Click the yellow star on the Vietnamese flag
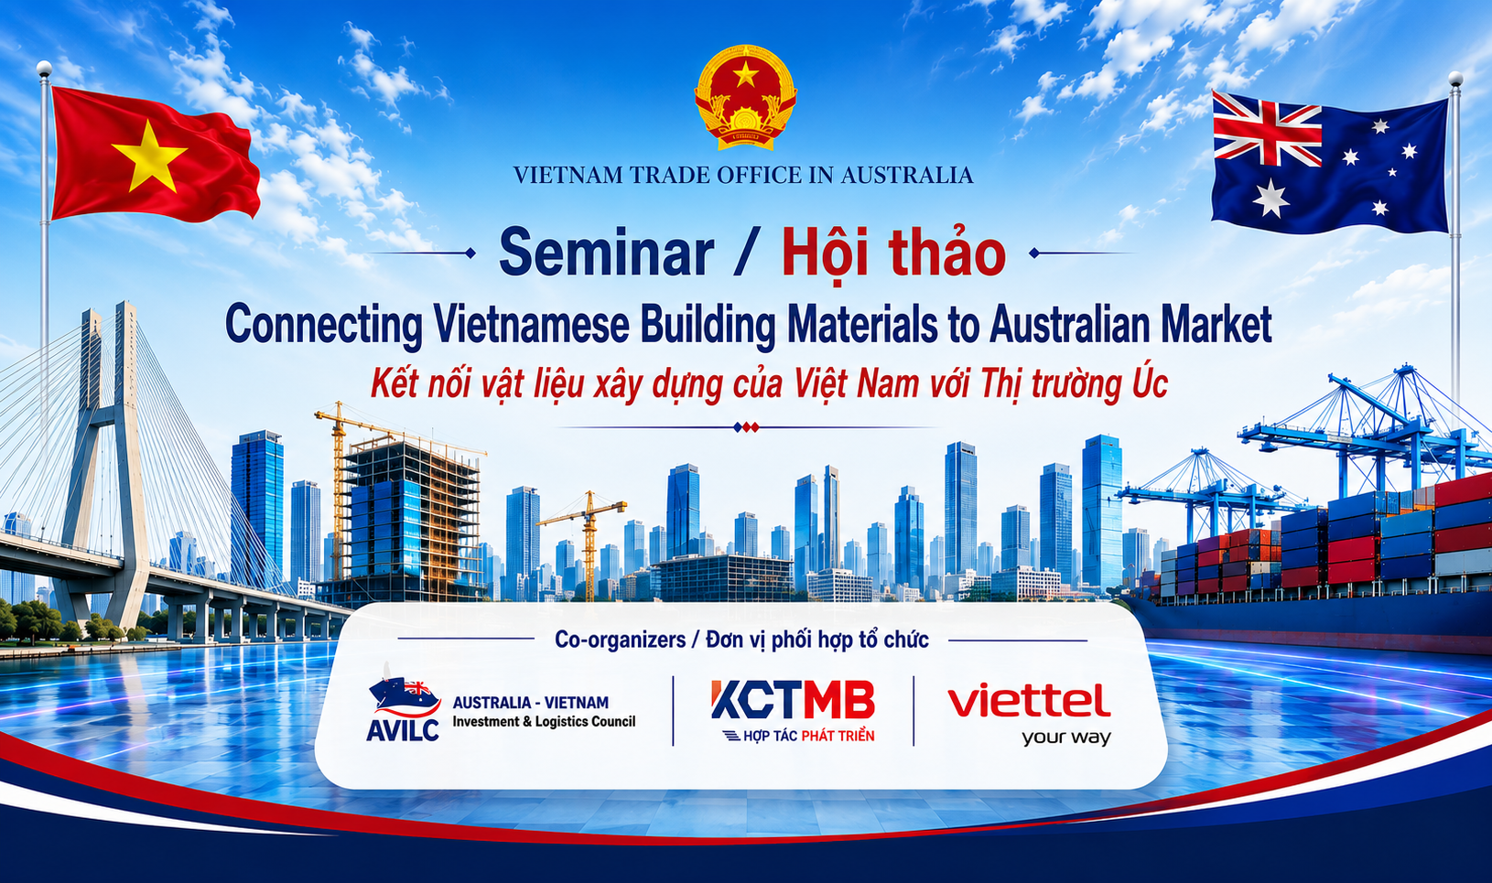click(x=149, y=157)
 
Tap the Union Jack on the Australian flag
click(x=1266, y=129)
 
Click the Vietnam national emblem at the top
click(x=745, y=97)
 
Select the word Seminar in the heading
click(x=606, y=253)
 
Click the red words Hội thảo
click(x=894, y=253)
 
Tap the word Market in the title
click(x=1216, y=324)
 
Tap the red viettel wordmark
click(x=1029, y=701)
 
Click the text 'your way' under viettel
click(x=1065, y=738)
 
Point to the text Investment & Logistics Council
click(x=544, y=721)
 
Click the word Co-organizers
click(x=620, y=640)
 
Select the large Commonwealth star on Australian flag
click(x=1270, y=198)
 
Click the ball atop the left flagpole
click(x=44, y=68)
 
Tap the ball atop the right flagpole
click(x=1456, y=79)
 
